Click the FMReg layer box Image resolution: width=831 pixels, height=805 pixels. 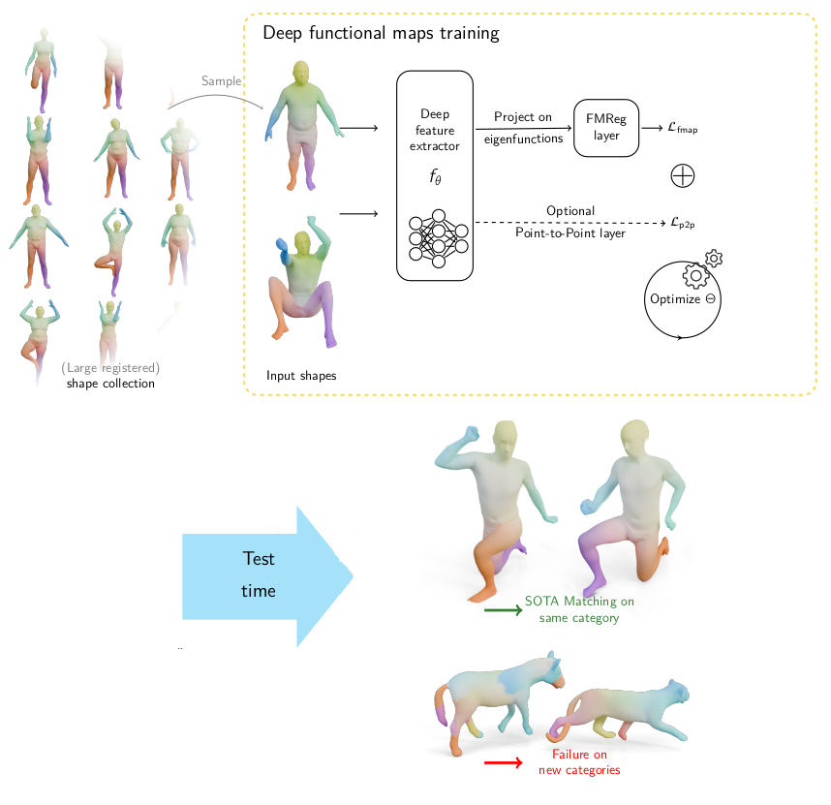pyautogui.click(x=608, y=128)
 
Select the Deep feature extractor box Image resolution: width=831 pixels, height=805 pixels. pyautogui.click(x=434, y=175)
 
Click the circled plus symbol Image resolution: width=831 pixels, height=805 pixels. pyautogui.click(x=684, y=176)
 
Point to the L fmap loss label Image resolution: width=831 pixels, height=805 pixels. pyautogui.click(x=683, y=127)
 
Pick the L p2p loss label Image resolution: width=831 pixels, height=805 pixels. pyautogui.click(x=683, y=222)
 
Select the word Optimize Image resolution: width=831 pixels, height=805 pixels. pyautogui.click(x=675, y=298)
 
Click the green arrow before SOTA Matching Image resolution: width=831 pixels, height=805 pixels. pyautogui.click(x=502, y=610)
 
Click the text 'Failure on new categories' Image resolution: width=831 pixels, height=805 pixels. pyautogui.click(x=579, y=762)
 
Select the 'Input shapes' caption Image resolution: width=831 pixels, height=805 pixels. pyautogui.click(x=302, y=375)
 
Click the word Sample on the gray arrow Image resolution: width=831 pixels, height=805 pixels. pyautogui.click(x=222, y=81)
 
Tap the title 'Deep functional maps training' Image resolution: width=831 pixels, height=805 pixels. pyautogui.click(x=382, y=34)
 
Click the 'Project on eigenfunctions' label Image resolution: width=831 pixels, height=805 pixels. pyautogui.click(x=523, y=127)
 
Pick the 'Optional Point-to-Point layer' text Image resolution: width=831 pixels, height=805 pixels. pyautogui.click(x=569, y=222)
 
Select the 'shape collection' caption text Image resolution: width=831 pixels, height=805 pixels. pyautogui.click(x=110, y=384)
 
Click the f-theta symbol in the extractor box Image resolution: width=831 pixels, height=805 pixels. pyautogui.click(x=435, y=178)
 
